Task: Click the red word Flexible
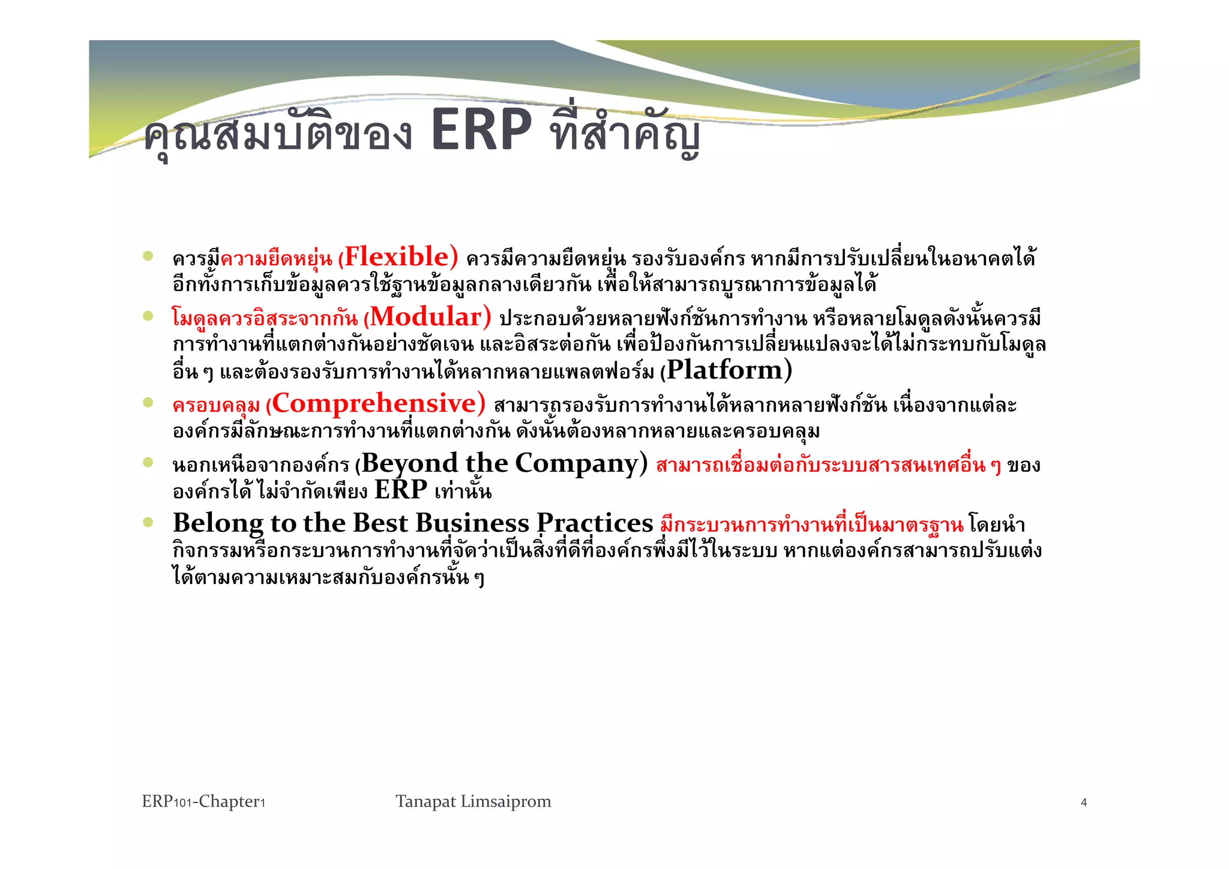396,257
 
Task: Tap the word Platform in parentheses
725,370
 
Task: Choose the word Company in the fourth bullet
577,463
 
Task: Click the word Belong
218,523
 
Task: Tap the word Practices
594,523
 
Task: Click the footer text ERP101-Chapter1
203,802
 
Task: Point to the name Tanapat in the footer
425,802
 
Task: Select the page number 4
1084,803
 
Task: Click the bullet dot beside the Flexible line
148,257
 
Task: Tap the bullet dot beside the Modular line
148,316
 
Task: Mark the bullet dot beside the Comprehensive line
148,403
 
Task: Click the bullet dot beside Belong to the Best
148,522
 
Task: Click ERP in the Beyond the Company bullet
401,490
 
